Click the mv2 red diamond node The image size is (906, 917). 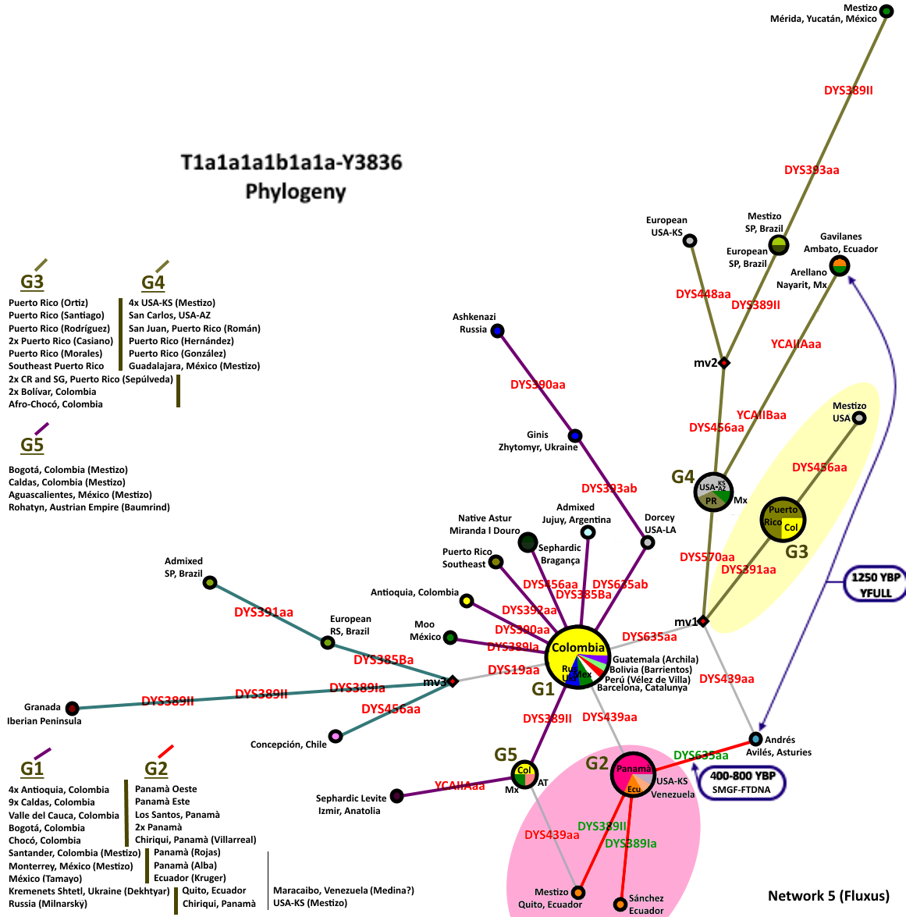[724, 363]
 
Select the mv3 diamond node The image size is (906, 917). [453, 681]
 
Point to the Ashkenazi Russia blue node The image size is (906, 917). [497, 331]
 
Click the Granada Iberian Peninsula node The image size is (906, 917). [72, 709]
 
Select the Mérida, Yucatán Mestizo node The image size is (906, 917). [886, 11]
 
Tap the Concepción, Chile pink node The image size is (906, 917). [336, 736]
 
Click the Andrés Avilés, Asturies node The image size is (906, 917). [755, 738]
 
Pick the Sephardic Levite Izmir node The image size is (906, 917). [396, 796]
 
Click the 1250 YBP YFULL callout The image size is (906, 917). [876, 585]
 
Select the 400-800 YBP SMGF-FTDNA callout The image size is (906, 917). [741, 782]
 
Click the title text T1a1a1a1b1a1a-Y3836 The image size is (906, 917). [292, 162]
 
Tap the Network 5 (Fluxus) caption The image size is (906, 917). [828, 895]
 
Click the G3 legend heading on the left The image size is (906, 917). [32, 282]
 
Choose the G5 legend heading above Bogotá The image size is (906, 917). [32, 445]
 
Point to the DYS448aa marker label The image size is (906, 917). [703, 294]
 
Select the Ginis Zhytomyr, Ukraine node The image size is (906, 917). [574, 435]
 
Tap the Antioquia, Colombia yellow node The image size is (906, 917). [467, 600]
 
